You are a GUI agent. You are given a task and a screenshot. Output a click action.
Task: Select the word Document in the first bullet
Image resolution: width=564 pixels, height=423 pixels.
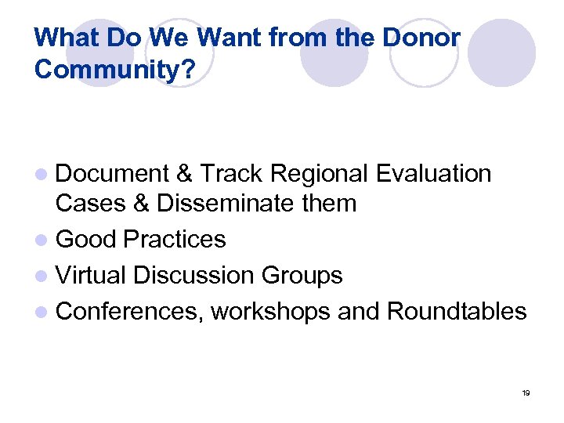click(x=113, y=173)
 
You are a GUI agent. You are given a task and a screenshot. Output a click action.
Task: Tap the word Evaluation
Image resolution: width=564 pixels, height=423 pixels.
click(x=434, y=173)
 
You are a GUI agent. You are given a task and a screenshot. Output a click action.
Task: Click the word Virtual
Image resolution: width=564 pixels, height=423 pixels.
click(x=92, y=275)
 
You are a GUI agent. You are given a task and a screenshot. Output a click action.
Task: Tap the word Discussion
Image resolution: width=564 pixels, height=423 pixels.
click(x=193, y=275)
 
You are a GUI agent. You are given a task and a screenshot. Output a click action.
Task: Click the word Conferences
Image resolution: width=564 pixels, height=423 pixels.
click(x=129, y=311)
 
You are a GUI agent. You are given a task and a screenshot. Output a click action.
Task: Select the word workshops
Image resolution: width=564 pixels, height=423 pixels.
click(x=271, y=311)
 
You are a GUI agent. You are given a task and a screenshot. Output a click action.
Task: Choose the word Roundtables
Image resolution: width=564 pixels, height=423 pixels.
click(x=457, y=311)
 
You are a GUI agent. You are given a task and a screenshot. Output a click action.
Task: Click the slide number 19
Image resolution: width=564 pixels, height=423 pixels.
click(x=526, y=392)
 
